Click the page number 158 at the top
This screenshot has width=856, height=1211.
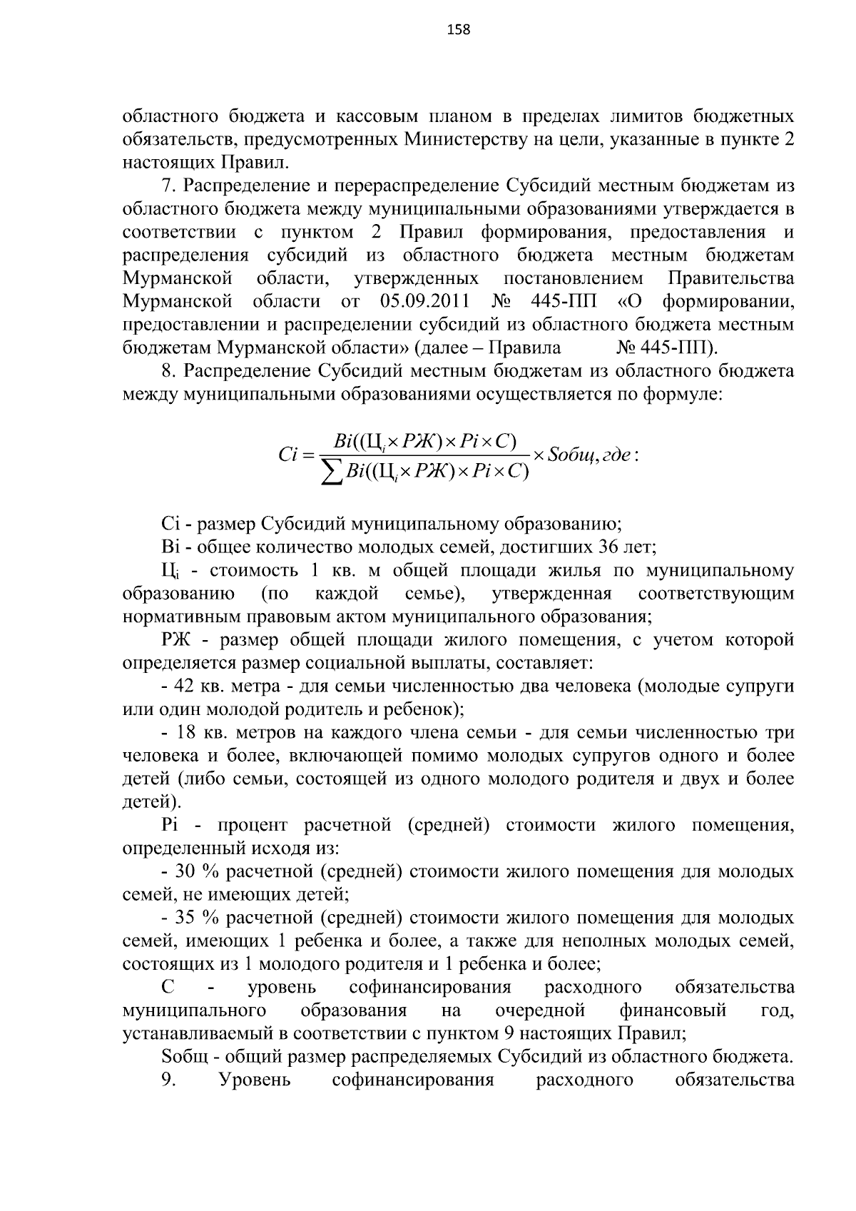pos(458,29)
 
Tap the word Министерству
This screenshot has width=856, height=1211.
pos(468,138)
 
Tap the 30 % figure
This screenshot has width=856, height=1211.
pos(185,872)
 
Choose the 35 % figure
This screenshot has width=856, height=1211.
pos(185,918)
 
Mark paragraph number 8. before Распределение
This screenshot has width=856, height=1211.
pos(168,371)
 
